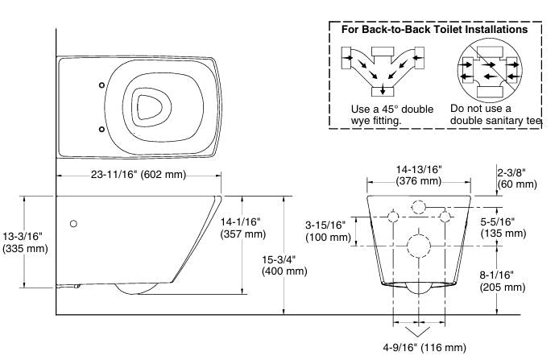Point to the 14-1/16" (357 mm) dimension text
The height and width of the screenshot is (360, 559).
pos(243,227)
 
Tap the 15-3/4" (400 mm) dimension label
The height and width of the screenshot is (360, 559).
pos(284,265)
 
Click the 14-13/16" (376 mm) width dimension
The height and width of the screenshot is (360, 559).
pos(417,175)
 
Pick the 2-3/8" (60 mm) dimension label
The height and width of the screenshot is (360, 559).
pos(516,177)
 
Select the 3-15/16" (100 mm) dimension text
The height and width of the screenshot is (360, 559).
pos(325,230)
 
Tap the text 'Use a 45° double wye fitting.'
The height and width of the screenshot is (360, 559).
pos(392,114)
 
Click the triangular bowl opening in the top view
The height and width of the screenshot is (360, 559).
pos(148,106)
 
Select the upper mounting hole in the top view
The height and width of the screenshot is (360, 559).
pos(101,85)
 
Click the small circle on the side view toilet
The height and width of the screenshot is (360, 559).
pos(74,223)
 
